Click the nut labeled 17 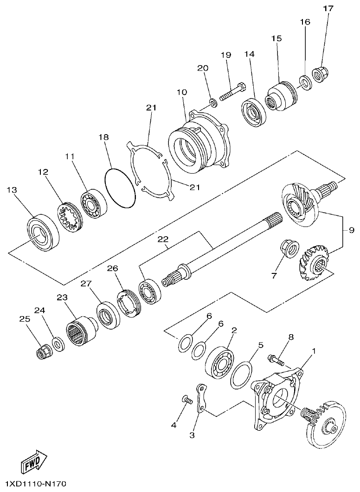(x=318, y=74)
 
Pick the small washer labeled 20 (x=212, y=102)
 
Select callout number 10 (x=181, y=92)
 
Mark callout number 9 (x=351, y=230)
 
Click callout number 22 (x=162, y=239)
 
